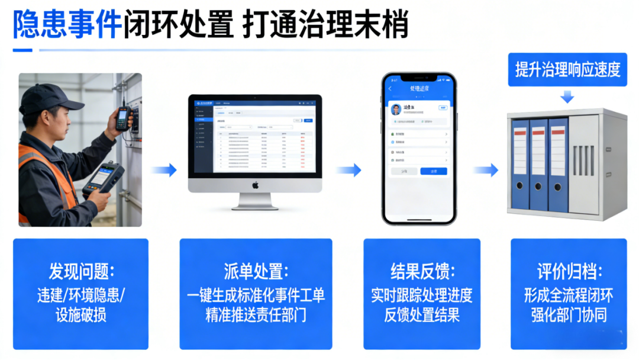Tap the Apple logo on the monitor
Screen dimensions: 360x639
[256, 185]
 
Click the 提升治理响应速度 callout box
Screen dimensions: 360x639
[567, 70]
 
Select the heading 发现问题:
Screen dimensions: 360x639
[81, 272]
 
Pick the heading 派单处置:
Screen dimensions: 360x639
[256, 272]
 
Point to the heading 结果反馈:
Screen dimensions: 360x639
[422, 272]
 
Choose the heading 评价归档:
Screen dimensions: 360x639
[569, 272]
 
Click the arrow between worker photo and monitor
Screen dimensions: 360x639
[164, 171]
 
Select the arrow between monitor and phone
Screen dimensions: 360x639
[349, 171]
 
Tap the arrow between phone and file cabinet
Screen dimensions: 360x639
[486, 171]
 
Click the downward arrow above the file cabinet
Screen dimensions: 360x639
[567, 97]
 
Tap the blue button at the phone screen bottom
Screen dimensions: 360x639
[433, 171]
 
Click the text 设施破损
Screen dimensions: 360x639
[81, 315]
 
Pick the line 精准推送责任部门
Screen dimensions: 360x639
[256, 315]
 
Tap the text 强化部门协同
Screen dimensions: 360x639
[569, 315]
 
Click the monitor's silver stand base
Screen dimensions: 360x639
[255, 205]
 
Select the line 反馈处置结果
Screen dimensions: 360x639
[422, 315]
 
